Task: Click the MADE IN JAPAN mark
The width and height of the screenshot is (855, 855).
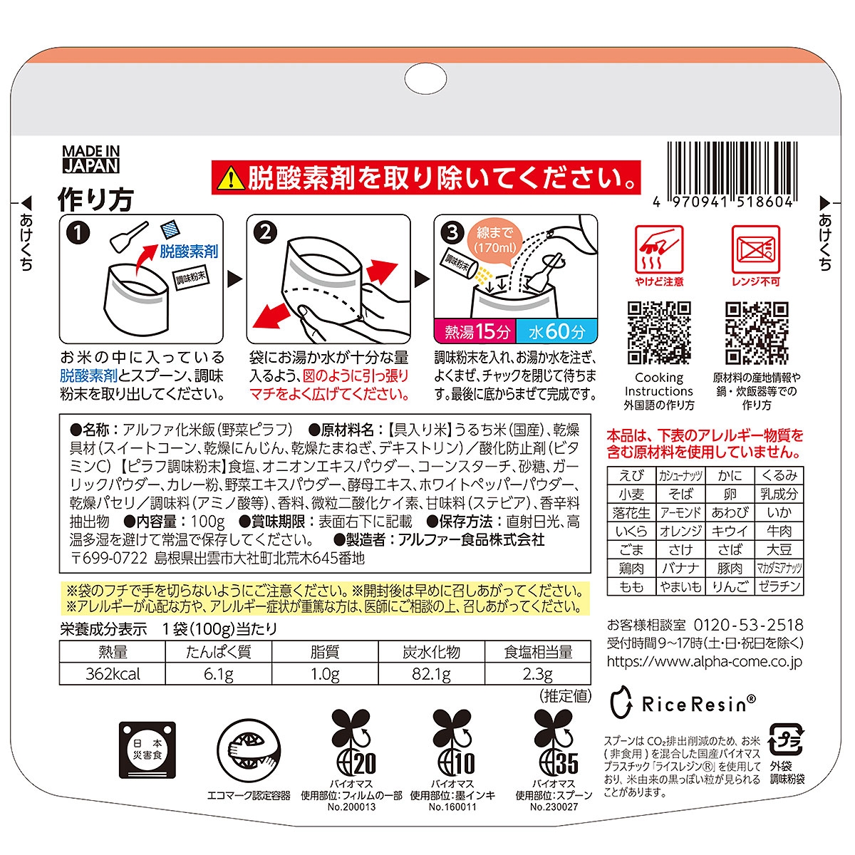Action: (91, 160)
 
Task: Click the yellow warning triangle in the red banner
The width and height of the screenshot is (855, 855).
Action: (231, 178)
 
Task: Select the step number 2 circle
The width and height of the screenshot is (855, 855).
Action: (265, 232)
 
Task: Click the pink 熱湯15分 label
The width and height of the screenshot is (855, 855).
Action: (475, 331)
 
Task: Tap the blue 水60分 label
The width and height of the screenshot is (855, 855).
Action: (556, 331)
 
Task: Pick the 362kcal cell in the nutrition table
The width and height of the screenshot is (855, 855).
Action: (113, 674)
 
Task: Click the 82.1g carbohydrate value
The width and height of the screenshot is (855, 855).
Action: (431, 674)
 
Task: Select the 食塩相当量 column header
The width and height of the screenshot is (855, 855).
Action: (538, 652)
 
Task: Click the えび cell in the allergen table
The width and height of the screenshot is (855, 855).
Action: (631, 476)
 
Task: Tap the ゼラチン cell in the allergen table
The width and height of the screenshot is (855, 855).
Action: (779, 586)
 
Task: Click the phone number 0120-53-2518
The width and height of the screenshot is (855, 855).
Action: (748, 625)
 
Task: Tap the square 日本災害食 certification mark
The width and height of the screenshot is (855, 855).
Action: (147, 750)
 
